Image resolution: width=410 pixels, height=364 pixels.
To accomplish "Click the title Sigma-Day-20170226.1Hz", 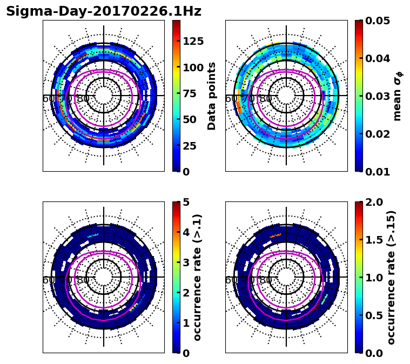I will click(104, 12).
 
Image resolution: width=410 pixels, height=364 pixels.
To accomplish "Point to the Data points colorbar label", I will click(212, 96).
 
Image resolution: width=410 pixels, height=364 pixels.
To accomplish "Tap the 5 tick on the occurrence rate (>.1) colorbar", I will click(185, 202).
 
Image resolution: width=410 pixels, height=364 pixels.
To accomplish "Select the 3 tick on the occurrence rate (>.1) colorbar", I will click(185, 262).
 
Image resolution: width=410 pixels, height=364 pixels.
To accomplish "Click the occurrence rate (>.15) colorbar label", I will click(391, 277).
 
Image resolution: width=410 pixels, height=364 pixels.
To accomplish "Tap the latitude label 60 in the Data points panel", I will click(48, 99).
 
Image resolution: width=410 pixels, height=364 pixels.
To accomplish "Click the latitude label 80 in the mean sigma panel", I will click(266, 99).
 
